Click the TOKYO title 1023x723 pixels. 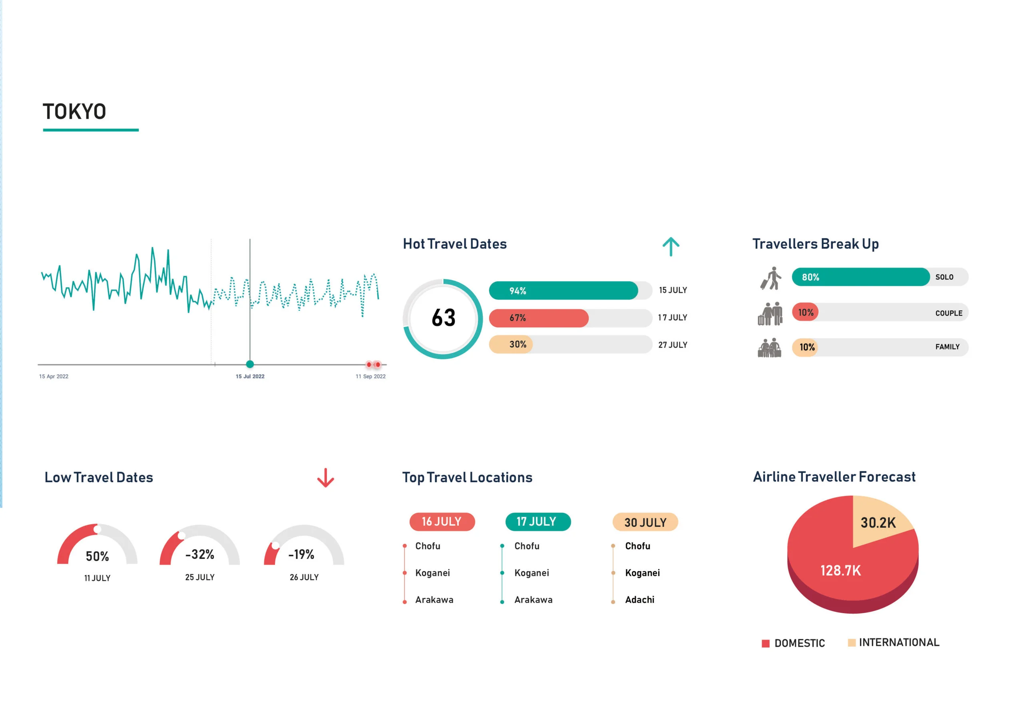click(x=74, y=111)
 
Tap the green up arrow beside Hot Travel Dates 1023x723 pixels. click(x=671, y=246)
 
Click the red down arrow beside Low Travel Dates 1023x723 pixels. click(x=325, y=478)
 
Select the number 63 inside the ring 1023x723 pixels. click(x=443, y=318)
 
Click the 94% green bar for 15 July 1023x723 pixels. click(x=563, y=290)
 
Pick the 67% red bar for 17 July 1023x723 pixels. click(x=539, y=318)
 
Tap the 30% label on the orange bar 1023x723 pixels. click(x=518, y=344)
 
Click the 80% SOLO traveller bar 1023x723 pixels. click(x=860, y=277)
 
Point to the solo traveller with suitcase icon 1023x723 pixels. click(x=771, y=278)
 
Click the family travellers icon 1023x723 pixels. click(x=770, y=348)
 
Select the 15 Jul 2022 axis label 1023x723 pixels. click(x=250, y=376)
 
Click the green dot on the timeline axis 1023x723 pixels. click(x=250, y=364)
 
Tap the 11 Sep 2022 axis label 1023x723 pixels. click(x=370, y=376)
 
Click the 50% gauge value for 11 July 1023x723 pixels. click(x=97, y=556)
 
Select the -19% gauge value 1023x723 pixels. click(x=302, y=554)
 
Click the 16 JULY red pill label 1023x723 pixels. click(x=442, y=522)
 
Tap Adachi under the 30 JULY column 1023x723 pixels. click(x=639, y=600)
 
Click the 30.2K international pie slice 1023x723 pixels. click(x=878, y=522)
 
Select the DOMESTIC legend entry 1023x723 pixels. click(x=794, y=643)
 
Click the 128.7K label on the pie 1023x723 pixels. click(x=840, y=571)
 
